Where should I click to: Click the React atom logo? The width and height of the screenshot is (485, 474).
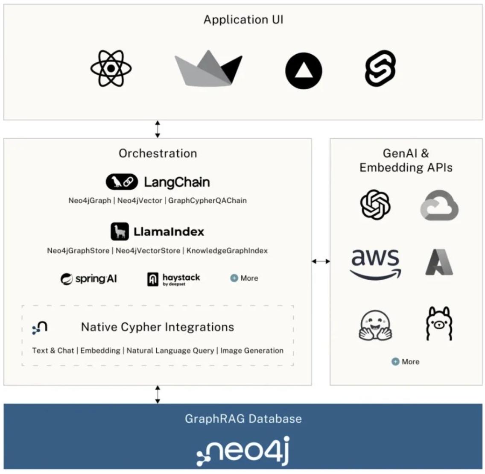111,68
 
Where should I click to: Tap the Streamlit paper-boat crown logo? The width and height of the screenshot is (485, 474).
208,68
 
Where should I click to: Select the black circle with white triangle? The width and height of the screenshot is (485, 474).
304,71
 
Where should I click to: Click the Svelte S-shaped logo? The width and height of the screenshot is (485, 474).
380,68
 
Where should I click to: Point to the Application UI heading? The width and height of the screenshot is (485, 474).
243,20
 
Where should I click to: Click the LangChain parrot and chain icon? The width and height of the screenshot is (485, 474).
122,182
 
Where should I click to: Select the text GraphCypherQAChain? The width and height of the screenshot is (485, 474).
207,200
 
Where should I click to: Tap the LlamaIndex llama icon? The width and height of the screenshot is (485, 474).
120,232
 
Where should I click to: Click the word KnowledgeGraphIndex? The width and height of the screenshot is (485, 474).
227,251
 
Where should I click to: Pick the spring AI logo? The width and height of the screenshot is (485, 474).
89,279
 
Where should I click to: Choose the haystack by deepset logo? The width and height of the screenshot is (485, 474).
173,279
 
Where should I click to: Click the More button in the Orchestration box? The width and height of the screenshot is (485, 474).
244,278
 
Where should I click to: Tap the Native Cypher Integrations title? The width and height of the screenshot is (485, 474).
158,327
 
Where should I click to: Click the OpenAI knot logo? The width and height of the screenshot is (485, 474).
375,205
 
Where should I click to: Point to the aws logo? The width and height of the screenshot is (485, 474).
375,263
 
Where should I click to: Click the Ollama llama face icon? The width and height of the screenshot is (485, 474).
439,324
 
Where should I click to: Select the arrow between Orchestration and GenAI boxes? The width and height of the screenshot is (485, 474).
321,261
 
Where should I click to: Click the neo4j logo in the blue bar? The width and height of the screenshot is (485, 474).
243,451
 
